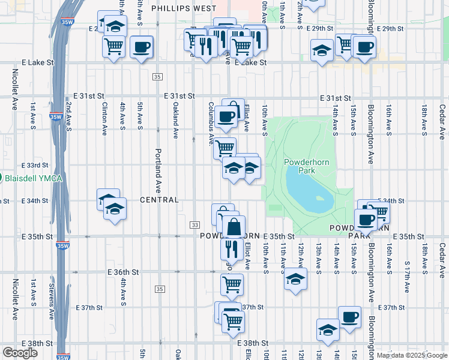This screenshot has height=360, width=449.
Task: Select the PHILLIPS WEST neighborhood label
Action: click(184, 8)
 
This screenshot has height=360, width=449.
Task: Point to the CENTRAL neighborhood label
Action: click(160, 200)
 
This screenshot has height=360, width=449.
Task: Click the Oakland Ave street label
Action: click(176, 121)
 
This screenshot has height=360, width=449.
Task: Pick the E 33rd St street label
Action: click(34, 165)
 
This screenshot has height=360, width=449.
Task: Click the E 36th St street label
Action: click(123, 272)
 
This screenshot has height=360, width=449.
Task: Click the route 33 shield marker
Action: click(194, 224)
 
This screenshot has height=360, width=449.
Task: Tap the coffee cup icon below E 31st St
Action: click(226, 117)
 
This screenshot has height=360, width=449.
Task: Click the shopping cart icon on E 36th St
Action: click(232, 285)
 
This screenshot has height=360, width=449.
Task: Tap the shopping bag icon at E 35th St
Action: click(234, 228)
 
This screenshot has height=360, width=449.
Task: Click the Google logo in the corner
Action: click(20, 353)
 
